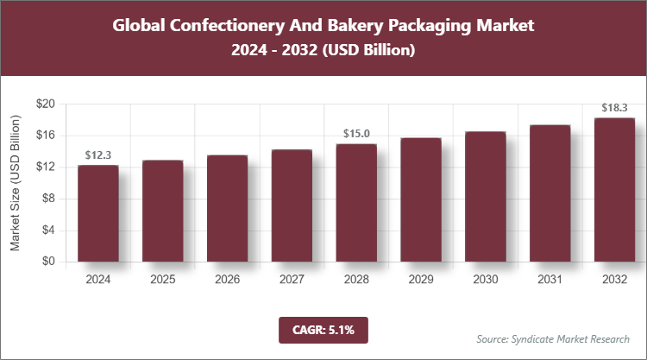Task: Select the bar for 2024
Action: click(98, 213)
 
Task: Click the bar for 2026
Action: click(227, 208)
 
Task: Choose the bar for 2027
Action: click(292, 205)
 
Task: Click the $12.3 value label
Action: click(98, 155)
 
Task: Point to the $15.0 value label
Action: click(356, 133)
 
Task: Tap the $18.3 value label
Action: click(614, 108)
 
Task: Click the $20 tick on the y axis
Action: click(45, 104)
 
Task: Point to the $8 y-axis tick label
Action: click(48, 199)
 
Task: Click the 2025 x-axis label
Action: click(163, 280)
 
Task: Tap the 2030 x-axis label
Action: click(485, 280)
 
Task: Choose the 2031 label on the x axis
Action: click(550, 280)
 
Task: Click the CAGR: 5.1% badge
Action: click(323, 329)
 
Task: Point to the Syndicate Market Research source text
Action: click(552, 338)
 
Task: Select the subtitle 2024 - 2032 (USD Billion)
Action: click(323, 51)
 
